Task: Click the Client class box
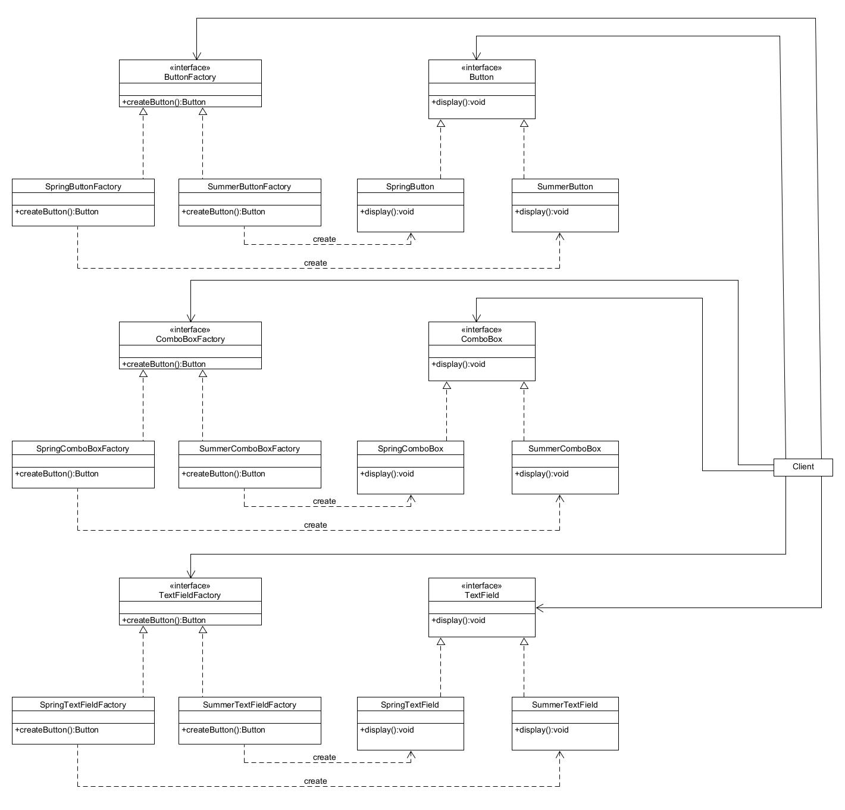click(x=803, y=467)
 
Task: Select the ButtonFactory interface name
click(x=190, y=77)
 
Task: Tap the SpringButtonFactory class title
click(x=83, y=186)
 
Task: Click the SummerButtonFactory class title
click(x=249, y=186)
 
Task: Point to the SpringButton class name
click(x=410, y=186)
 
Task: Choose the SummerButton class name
click(x=565, y=186)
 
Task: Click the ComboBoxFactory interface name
click(x=190, y=339)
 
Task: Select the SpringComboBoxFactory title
click(x=83, y=448)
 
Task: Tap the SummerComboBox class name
click(x=565, y=448)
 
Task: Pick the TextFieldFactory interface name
click(x=190, y=595)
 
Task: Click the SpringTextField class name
click(x=410, y=705)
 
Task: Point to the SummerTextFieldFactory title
click(x=249, y=705)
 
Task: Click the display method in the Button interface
click(x=459, y=102)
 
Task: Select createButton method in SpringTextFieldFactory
click(x=57, y=730)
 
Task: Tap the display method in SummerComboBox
click(x=542, y=473)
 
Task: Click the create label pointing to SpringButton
click(x=324, y=239)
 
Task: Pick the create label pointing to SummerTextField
click(x=315, y=781)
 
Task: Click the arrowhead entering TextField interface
click(x=540, y=608)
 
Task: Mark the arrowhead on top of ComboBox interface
click(x=476, y=317)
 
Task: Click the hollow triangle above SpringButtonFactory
click(x=143, y=111)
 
